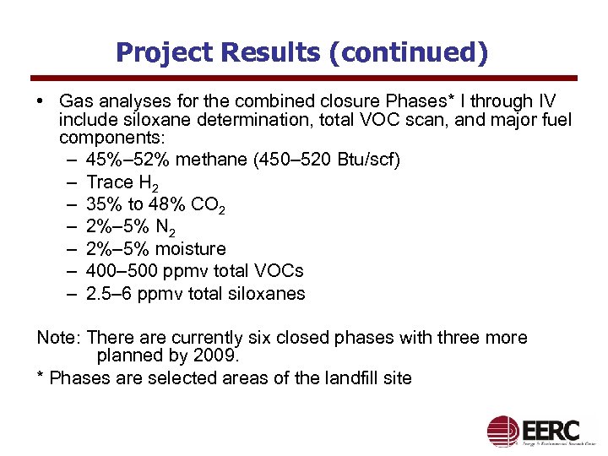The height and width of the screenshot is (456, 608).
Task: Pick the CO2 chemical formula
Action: (x=207, y=205)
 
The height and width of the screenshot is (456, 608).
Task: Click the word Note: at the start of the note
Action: (x=58, y=338)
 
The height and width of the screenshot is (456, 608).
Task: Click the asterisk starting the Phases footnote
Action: (x=41, y=377)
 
